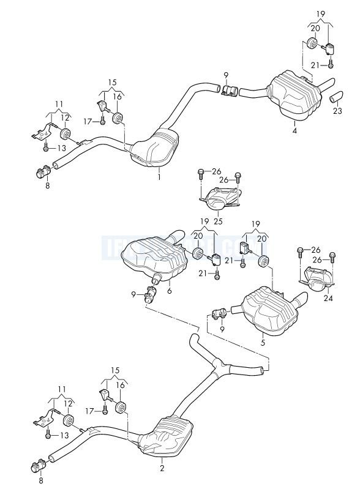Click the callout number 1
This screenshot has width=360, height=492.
coord(159,177)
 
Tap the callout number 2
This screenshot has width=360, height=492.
coord(162,469)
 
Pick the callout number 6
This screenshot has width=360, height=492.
coord(169,291)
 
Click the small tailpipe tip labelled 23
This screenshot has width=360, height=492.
coord(337,97)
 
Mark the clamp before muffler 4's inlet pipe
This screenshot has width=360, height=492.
coord(231,91)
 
